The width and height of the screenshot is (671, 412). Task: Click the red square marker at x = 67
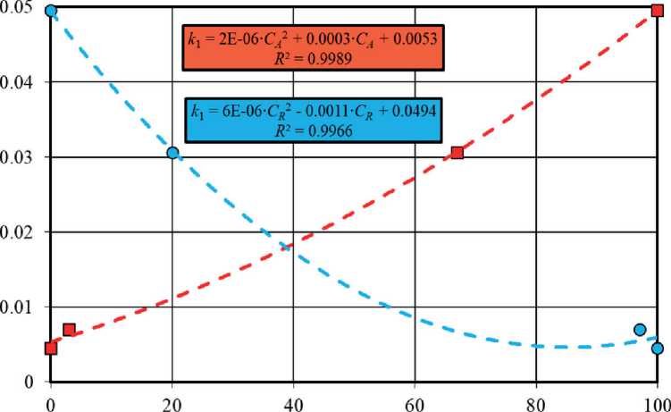click(x=457, y=153)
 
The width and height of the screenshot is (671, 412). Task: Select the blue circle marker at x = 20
click(x=172, y=153)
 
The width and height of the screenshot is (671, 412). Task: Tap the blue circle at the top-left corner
click(x=51, y=12)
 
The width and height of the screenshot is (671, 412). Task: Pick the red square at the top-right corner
click(x=658, y=12)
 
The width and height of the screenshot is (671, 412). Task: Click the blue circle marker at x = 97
click(x=640, y=330)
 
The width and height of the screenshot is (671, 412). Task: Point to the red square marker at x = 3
click(x=69, y=330)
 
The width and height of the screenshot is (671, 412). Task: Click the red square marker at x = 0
click(x=51, y=349)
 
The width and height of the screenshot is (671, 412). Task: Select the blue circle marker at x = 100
click(x=658, y=349)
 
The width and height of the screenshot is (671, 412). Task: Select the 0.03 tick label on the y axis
click(x=17, y=157)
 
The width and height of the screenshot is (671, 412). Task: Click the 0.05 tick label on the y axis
click(x=17, y=8)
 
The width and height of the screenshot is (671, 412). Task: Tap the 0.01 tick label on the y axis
click(x=17, y=307)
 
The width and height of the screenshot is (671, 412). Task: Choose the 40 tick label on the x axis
click(x=293, y=401)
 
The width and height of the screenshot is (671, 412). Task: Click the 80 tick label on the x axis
click(x=536, y=401)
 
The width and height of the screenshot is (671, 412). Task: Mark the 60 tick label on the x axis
click(x=415, y=401)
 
